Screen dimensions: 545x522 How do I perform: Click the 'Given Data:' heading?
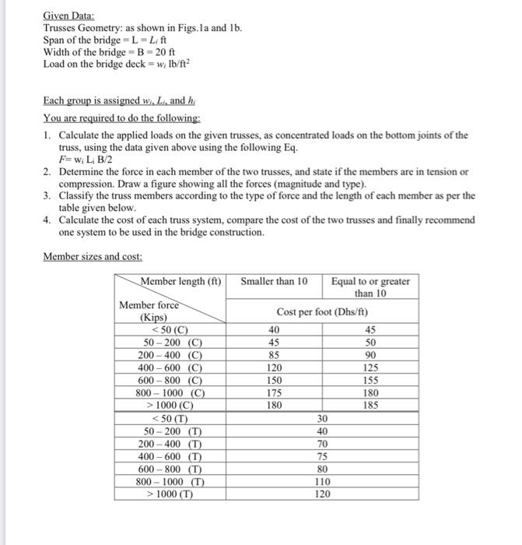click(68, 16)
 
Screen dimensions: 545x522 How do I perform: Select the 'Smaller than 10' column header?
click(275, 280)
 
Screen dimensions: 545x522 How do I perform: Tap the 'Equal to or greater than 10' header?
click(370, 287)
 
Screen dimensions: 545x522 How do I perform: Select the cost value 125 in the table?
click(370, 367)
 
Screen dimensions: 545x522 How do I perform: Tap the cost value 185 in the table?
click(370, 405)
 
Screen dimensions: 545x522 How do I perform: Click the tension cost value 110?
click(323, 481)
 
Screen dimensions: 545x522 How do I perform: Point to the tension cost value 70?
click(323, 443)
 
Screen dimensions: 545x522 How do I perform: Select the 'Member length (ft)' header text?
click(181, 280)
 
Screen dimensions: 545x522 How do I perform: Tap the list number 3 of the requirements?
click(48, 195)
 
